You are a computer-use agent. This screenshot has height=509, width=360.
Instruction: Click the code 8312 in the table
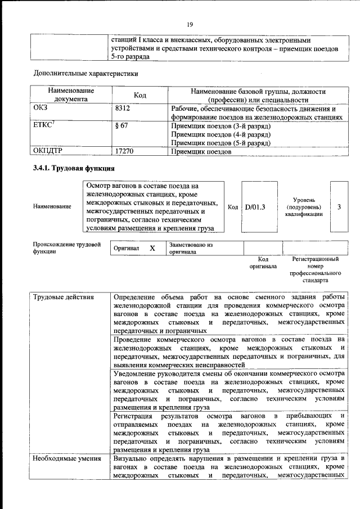(123, 109)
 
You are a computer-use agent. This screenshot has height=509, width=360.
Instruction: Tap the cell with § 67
(121, 125)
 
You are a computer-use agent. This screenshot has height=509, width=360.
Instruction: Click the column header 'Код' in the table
(139, 96)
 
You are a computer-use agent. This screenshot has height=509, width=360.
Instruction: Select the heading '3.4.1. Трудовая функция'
(74, 169)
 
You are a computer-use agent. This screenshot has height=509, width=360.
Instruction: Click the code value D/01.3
(255, 207)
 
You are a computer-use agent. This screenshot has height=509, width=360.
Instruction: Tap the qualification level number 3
(339, 207)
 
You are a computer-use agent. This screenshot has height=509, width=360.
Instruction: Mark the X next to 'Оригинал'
(152, 248)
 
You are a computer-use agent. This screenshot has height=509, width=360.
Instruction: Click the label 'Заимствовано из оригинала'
(191, 249)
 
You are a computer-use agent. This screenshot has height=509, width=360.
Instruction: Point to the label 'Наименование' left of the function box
(52, 207)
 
